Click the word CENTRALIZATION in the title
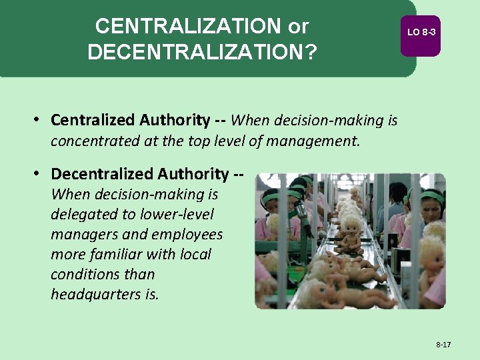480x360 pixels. [189, 27]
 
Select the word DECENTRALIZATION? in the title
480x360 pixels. [202, 52]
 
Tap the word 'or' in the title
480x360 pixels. [298, 27]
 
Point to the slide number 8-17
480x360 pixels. [443, 345]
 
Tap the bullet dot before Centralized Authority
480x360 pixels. [40, 120]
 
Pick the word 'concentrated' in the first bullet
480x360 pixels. [93, 141]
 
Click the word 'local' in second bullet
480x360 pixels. [196, 254]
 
